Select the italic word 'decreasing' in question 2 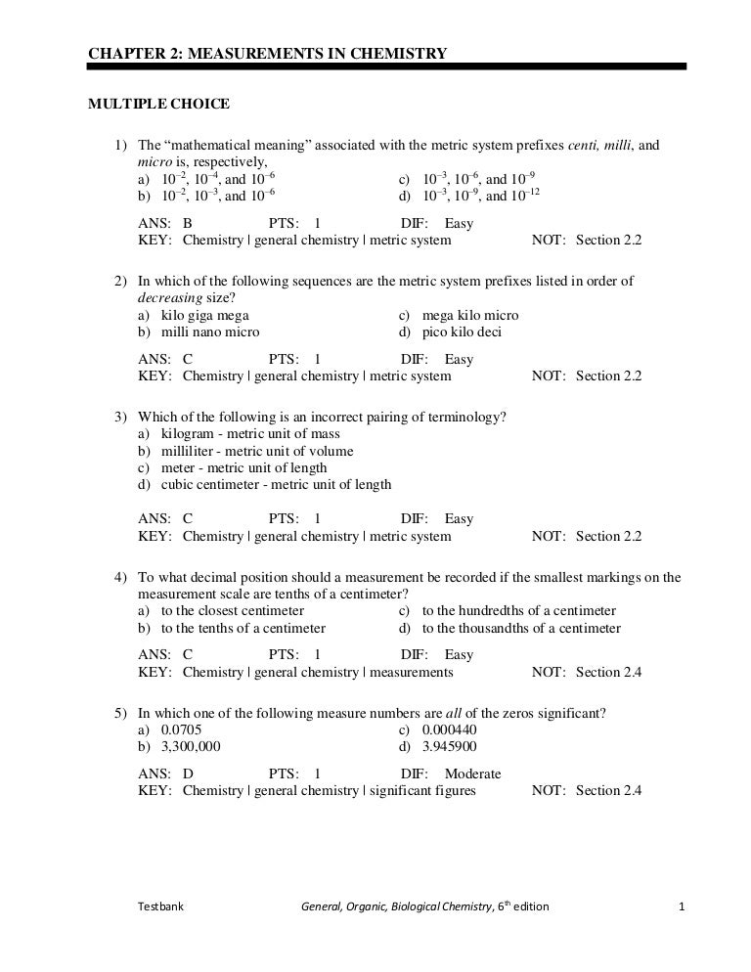[167, 298]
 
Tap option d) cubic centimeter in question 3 [264, 484]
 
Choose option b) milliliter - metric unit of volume [245, 451]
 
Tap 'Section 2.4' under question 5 [608, 791]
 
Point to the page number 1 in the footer [682, 906]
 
